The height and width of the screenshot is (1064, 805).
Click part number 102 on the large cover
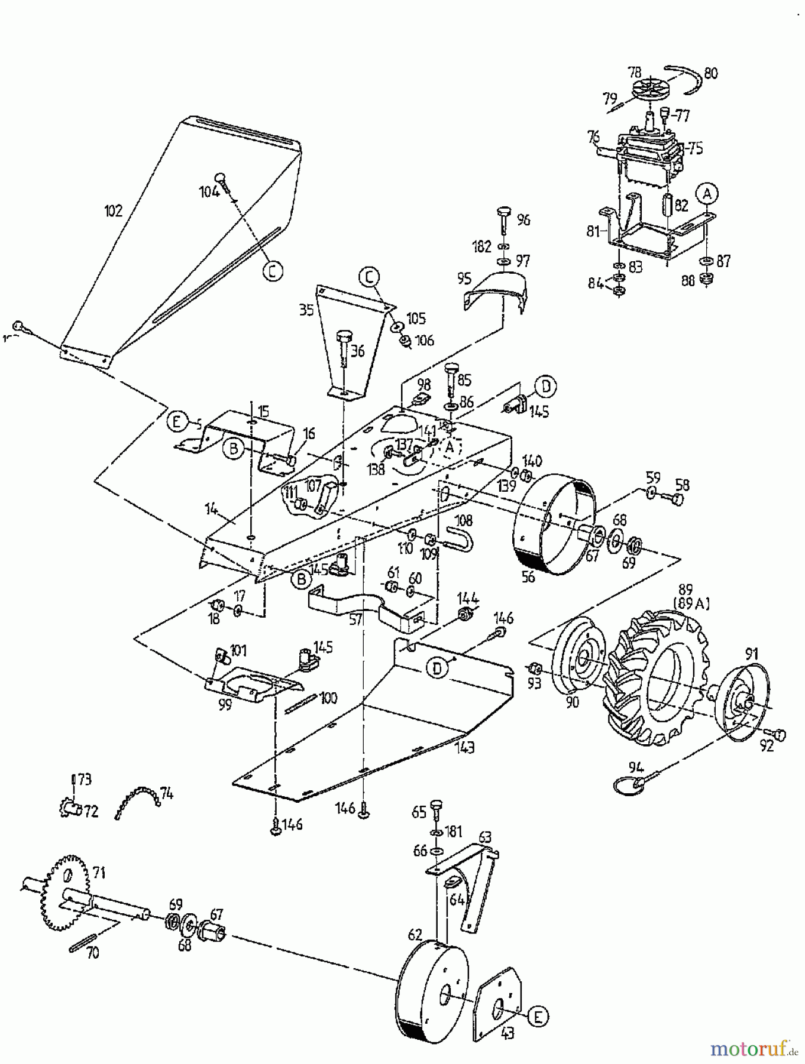pyautogui.click(x=113, y=210)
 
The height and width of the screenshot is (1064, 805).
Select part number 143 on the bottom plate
pyautogui.click(x=465, y=748)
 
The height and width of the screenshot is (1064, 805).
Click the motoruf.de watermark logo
pyautogui.click(x=752, y=1050)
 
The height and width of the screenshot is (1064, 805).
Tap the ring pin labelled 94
pyautogui.click(x=628, y=785)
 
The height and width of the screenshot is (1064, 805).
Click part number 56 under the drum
pyautogui.click(x=528, y=577)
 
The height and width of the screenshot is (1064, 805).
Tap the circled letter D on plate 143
pyautogui.click(x=437, y=668)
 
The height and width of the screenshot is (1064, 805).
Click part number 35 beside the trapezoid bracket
pyautogui.click(x=306, y=310)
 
